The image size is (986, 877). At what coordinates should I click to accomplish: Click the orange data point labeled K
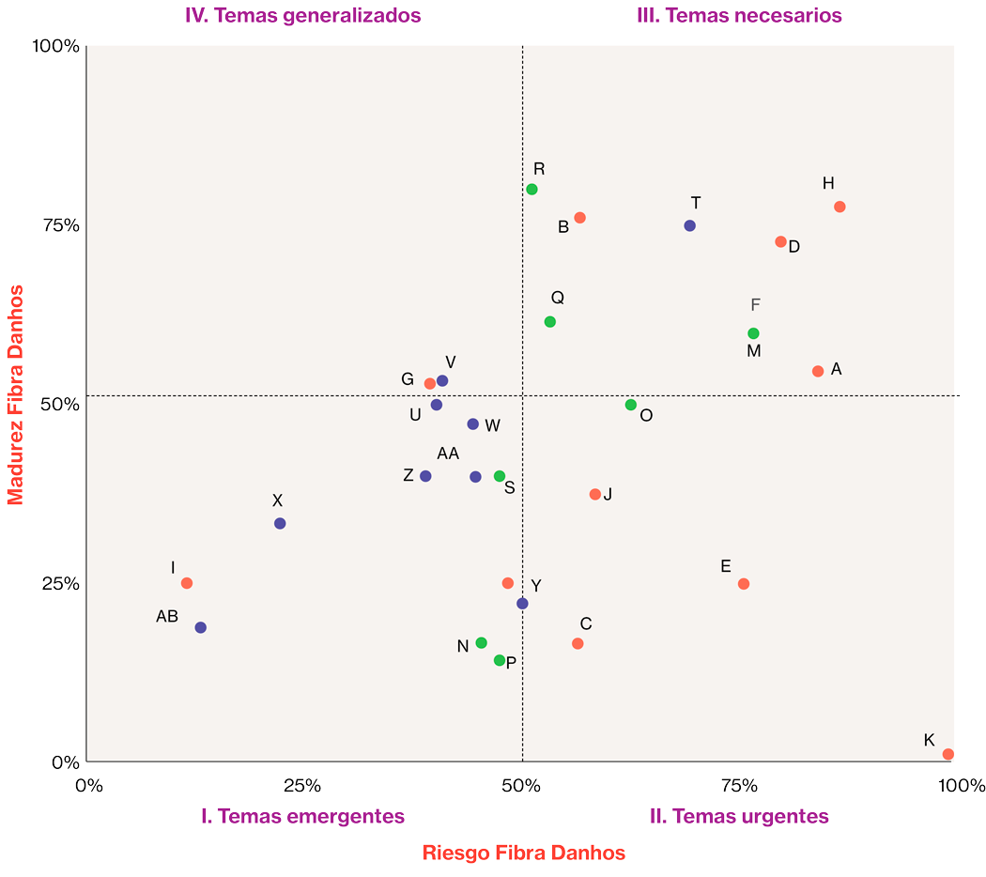tap(947, 754)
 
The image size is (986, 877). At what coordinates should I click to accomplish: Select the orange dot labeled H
tap(840, 207)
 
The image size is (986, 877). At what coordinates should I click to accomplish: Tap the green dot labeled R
tap(532, 189)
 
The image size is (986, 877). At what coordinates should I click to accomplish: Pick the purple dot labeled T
tap(689, 225)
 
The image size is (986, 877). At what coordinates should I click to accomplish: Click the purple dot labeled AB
tap(200, 627)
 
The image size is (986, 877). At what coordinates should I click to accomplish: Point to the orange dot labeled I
tap(187, 583)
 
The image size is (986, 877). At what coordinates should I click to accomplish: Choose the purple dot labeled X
tap(280, 523)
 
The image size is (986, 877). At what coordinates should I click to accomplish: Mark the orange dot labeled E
tap(744, 583)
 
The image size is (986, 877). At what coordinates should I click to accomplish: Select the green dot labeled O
tap(631, 405)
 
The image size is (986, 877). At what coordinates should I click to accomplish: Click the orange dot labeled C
tap(578, 643)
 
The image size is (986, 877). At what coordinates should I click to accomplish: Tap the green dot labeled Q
tap(550, 322)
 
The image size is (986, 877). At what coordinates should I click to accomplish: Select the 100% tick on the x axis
tap(955, 785)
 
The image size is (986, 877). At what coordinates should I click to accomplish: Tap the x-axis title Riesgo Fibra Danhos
tap(523, 853)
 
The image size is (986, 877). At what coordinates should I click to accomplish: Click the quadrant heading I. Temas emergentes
tap(303, 816)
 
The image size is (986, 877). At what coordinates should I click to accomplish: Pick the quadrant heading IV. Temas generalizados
tap(302, 15)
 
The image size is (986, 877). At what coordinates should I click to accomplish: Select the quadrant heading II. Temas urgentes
tap(739, 816)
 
